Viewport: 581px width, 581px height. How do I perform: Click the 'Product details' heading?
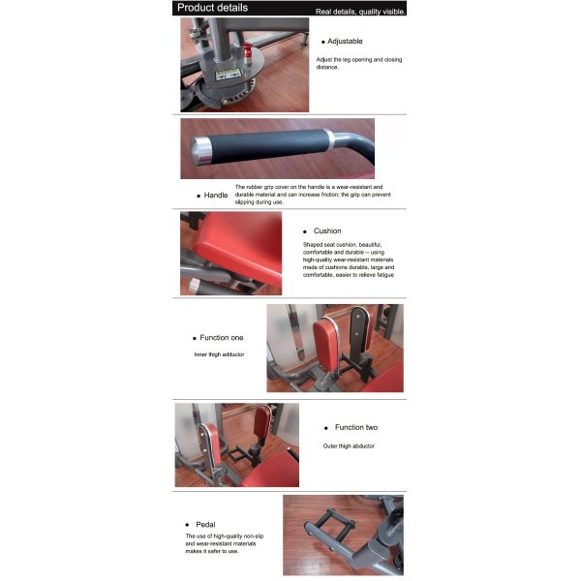click(212, 8)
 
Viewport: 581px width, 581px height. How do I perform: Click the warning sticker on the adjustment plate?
click(229, 74)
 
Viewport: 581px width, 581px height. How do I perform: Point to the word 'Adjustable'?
click(345, 41)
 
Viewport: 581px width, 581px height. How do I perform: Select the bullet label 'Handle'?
click(215, 195)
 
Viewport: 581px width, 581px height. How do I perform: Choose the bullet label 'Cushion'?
click(326, 231)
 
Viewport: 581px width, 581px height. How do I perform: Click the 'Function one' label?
click(222, 338)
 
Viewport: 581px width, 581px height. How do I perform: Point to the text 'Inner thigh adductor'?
click(219, 355)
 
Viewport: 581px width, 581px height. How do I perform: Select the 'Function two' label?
click(355, 427)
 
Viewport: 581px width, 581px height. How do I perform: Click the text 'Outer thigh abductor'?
click(349, 446)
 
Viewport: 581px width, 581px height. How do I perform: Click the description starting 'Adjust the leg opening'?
click(358, 63)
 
